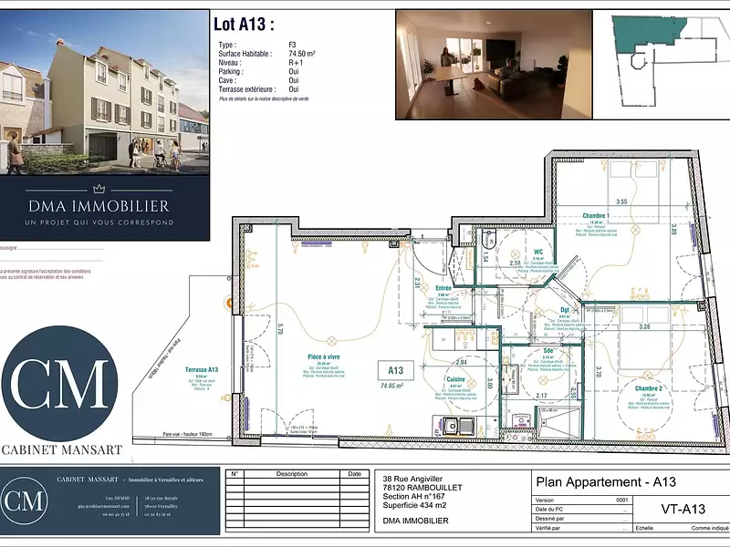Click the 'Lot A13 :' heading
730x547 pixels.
tap(243, 25)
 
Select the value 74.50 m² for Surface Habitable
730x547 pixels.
tap(302, 55)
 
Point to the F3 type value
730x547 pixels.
tap(293, 45)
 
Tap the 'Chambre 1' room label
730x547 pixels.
tap(596, 216)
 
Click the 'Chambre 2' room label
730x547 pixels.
tap(649, 388)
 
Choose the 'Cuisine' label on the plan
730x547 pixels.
tap(456, 378)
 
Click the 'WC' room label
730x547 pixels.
tap(538, 252)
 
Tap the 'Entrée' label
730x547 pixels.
tap(443, 287)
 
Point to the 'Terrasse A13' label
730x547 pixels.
tap(202, 369)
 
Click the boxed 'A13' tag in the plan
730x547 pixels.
tap(395, 370)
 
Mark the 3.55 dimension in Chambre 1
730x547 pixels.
tap(621, 201)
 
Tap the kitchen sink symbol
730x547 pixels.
tap(454, 426)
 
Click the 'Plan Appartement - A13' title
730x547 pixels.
tap(605, 482)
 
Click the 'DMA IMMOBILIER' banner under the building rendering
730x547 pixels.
tap(105, 206)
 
